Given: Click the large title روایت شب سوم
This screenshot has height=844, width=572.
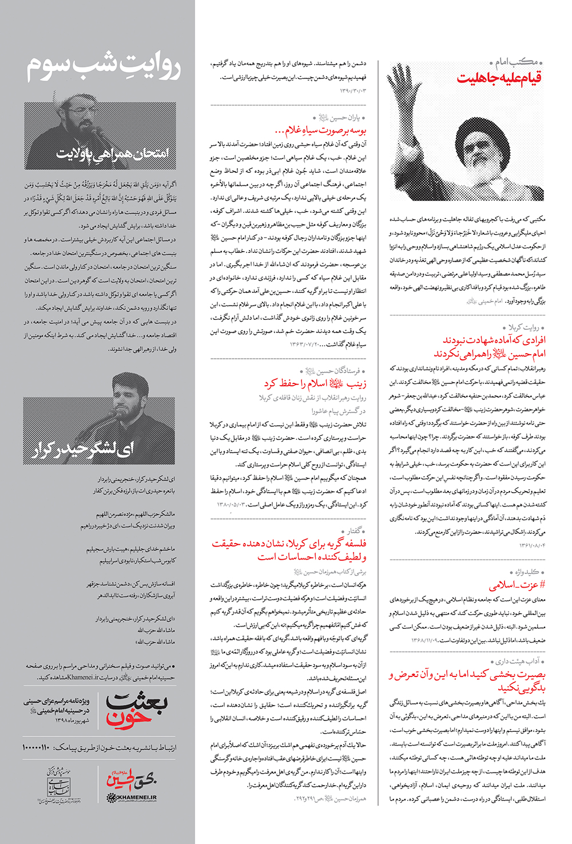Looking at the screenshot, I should click(x=104, y=68).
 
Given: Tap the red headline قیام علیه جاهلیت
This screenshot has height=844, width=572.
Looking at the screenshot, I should click(x=499, y=78).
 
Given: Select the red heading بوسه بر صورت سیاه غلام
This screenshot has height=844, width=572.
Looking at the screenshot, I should click(x=320, y=130).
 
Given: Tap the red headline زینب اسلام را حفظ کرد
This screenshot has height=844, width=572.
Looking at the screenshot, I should click(x=315, y=383).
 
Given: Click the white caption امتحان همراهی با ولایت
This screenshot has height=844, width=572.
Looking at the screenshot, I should click(x=113, y=153).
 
